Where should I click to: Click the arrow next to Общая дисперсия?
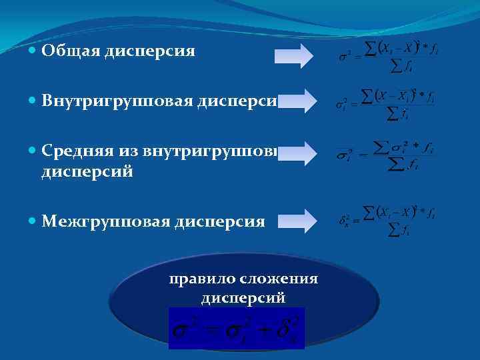point(293,55)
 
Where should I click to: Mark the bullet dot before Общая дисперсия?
point(33,51)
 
